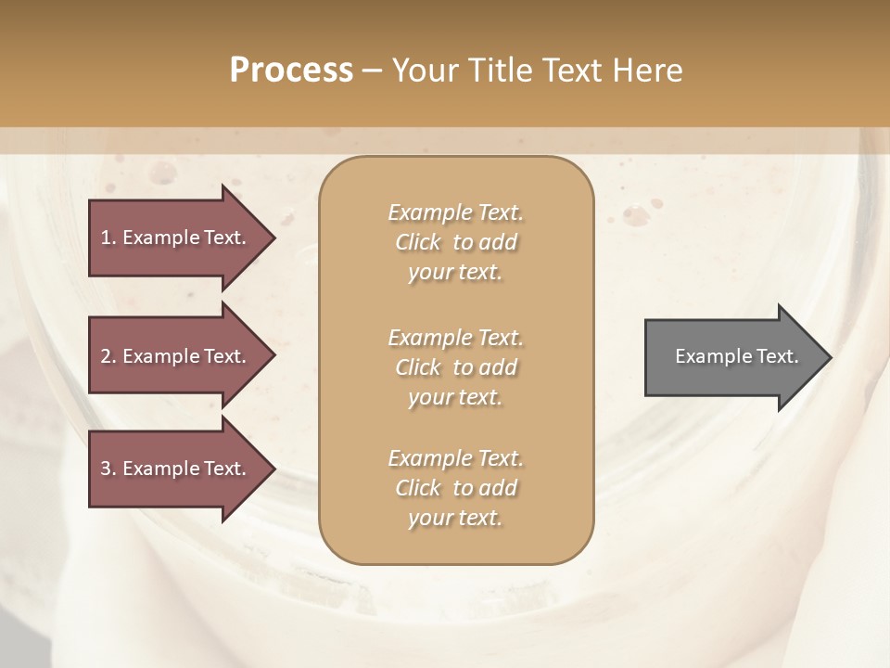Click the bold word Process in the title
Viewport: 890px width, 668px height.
point(291,71)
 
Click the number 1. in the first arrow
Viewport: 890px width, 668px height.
point(108,238)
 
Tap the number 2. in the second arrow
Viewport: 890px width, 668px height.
point(108,356)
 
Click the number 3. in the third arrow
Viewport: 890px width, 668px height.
point(108,469)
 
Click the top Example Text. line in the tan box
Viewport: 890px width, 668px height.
point(455,212)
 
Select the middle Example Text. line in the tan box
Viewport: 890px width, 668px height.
point(455,337)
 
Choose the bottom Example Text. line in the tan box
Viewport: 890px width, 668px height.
point(455,458)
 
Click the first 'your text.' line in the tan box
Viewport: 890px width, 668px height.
point(455,273)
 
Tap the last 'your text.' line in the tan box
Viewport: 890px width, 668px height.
point(455,519)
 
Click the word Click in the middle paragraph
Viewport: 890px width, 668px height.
point(418,367)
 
